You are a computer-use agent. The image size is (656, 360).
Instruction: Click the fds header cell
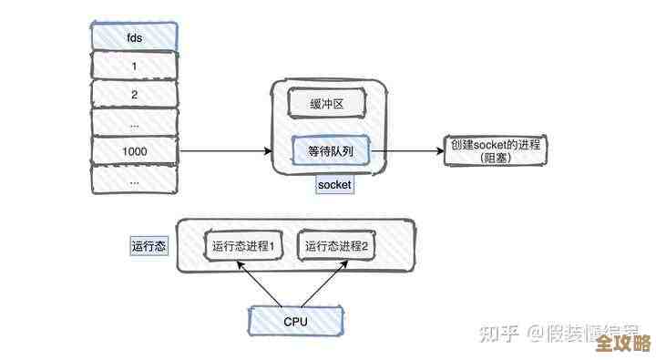tap(134, 37)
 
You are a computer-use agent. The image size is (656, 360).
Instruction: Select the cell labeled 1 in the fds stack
tap(134, 66)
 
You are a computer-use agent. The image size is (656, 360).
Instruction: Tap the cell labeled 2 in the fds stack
tap(134, 94)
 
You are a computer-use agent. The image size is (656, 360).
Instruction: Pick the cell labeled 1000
tap(134, 150)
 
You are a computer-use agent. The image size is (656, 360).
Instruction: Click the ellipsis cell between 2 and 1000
tap(134, 122)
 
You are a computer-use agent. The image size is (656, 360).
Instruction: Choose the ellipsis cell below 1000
tap(134, 180)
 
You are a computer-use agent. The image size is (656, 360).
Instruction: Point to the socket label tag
tap(334, 185)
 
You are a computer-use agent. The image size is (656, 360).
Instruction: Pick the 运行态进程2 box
tap(337, 246)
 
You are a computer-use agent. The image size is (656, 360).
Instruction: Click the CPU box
tap(295, 321)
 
